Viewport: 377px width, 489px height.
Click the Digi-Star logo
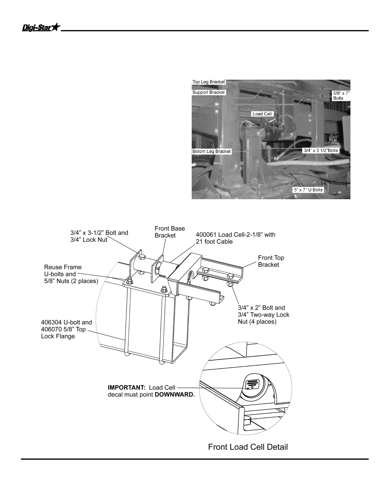41,27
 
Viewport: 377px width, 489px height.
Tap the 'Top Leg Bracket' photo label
208,82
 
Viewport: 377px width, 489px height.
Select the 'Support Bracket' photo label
208,92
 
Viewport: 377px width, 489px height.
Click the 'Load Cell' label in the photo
262,114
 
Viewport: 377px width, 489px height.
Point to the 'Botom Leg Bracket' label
211,151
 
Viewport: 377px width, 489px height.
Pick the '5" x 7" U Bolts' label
308,190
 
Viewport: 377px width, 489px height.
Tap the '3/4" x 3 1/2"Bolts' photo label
320,150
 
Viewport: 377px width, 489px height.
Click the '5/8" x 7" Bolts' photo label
341,96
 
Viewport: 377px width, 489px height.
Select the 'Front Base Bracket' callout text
170,232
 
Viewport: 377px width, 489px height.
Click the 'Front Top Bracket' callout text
271,261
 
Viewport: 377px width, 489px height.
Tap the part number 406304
51,322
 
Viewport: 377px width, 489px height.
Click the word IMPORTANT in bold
126,388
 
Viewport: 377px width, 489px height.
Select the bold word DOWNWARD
175,394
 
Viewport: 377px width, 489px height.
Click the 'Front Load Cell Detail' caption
248,447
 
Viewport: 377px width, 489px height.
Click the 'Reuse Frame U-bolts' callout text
63,270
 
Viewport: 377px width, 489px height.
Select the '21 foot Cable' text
214,242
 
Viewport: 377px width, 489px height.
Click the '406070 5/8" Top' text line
63,329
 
